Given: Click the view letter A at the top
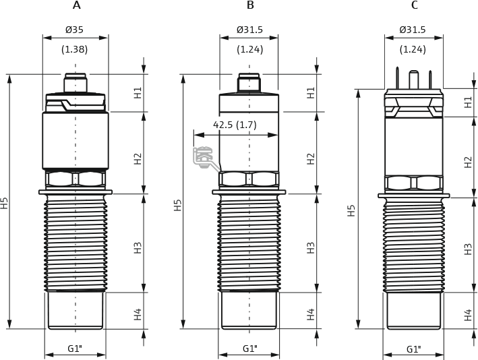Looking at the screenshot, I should click(x=76, y=5).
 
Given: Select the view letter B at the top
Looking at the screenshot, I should click(x=250, y=5).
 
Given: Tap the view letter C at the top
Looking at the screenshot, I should click(x=414, y=5).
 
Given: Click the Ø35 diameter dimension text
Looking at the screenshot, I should click(x=75, y=30).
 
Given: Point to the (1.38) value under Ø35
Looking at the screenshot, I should click(x=75, y=49).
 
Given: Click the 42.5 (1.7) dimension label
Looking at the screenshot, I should click(x=235, y=125).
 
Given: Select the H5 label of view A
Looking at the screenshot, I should click(x=5, y=202).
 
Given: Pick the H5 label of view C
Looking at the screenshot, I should click(x=351, y=210).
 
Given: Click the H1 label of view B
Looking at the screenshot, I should click(x=311, y=92).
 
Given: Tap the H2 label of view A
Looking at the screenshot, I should click(x=138, y=158).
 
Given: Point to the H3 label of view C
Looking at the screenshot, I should click(x=468, y=248).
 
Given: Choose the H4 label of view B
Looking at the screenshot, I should click(x=311, y=313).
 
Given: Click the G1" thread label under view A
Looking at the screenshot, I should click(x=75, y=349).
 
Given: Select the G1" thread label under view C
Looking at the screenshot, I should click(x=414, y=349).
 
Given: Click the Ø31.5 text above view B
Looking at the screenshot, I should click(x=249, y=30).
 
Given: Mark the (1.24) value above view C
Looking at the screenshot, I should click(x=413, y=49).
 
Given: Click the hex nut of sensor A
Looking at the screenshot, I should click(x=76, y=179).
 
